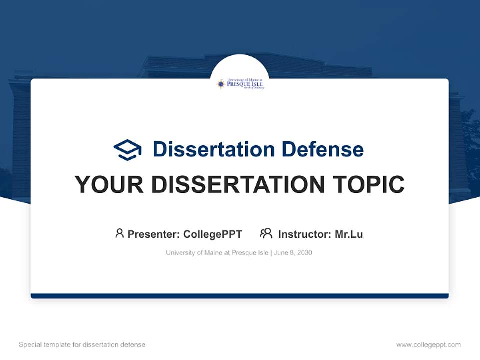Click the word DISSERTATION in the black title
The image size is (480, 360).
pyautogui.click(x=233, y=185)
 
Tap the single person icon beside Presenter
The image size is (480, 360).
pyautogui.click(x=119, y=233)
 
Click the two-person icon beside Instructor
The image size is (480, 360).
pyautogui.click(x=266, y=233)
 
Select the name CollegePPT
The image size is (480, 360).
pyautogui.click(x=213, y=234)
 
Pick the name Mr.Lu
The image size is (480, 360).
pyautogui.click(x=349, y=234)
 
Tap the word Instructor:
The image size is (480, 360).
pyautogui.click(x=304, y=234)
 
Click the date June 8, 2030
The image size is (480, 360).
pyautogui.click(x=293, y=253)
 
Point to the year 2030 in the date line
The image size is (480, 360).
pyautogui.click(x=304, y=253)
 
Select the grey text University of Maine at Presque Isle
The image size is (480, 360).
pyautogui.click(x=217, y=253)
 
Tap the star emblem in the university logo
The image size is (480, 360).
pyautogui.click(x=221, y=84)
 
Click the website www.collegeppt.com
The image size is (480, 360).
pyautogui.click(x=428, y=345)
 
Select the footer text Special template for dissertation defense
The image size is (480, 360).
pyautogui.click(x=82, y=345)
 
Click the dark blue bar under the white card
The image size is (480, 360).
pyautogui.click(x=240, y=296)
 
